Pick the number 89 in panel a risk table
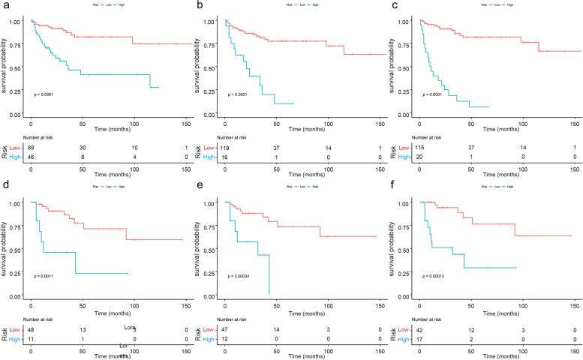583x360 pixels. click(x=31, y=148)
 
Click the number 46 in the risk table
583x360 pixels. click(x=31, y=157)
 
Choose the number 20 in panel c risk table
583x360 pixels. click(x=420, y=157)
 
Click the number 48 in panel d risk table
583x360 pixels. click(x=31, y=329)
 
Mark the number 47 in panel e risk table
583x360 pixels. click(x=226, y=329)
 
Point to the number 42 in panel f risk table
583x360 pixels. click(x=420, y=329)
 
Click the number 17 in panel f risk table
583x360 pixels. click(x=420, y=338)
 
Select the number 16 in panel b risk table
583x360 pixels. click(x=226, y=157)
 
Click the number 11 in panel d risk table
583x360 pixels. click(x=31, y=338)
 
